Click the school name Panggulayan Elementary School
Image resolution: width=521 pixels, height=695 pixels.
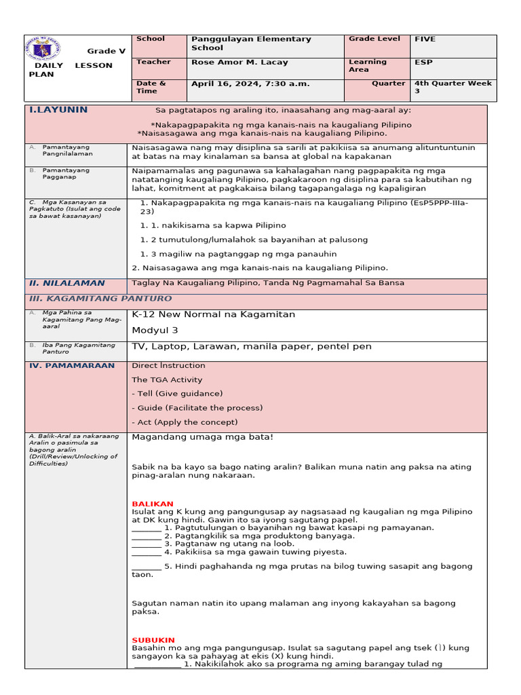251,43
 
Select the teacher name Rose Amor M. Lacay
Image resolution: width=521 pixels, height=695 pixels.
239,62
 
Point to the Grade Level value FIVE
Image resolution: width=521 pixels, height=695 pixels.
425,39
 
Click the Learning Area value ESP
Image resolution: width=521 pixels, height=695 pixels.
423,62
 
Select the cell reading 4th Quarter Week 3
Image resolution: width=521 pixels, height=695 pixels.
453,87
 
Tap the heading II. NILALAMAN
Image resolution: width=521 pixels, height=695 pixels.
66,283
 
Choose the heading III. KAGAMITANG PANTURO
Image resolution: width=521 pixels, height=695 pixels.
100,299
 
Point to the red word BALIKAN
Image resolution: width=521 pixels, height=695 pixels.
153,504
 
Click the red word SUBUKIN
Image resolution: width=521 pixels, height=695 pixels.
153,640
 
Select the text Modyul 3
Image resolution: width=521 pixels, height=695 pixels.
155,330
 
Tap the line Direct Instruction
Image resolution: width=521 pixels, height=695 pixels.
168,366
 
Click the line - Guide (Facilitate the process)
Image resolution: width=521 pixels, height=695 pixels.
197,408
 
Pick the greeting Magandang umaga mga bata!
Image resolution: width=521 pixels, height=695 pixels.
202,437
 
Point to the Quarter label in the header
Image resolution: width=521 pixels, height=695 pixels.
388,83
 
